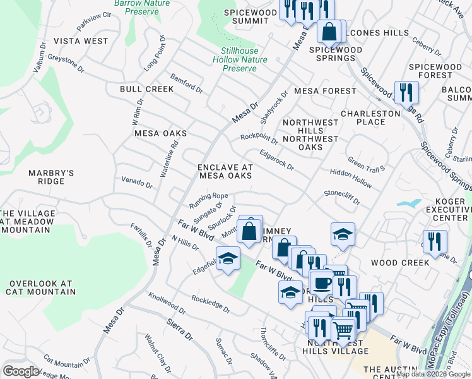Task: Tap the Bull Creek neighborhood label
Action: pyautogui.click(x=146, y=89)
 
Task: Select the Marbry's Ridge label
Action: pyautogui.click(x=51, y=177)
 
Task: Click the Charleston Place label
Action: pyautogui.click(x=370, y=117)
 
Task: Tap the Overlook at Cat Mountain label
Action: pyautogui.click(x=40, y=287)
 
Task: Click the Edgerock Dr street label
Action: pyautogui.click(x=277, y=160)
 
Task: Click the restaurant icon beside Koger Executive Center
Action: pyautogui.click(x=435, y=241)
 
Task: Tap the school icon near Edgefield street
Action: pyautogui.click(x=228, y=258)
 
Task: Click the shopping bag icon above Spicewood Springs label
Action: pyautogui.click(x=329, y=31)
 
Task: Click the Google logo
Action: pyautogui.click(x=20, y=371)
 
